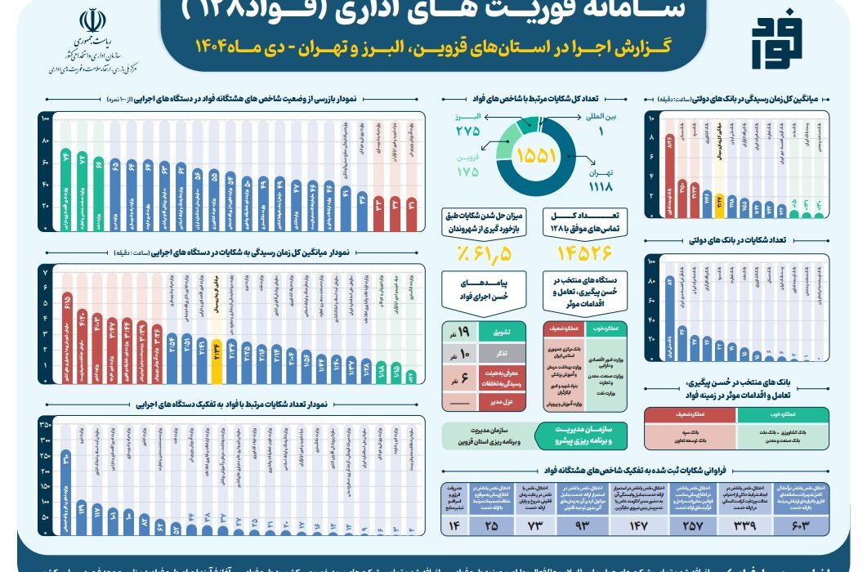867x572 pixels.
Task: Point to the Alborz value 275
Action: (x=467, y=131)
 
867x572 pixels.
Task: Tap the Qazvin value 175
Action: (x=467, y=172)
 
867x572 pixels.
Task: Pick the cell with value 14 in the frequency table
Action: (x=455, y=523)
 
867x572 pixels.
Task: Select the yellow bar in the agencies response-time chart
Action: (x=216, y=360)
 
